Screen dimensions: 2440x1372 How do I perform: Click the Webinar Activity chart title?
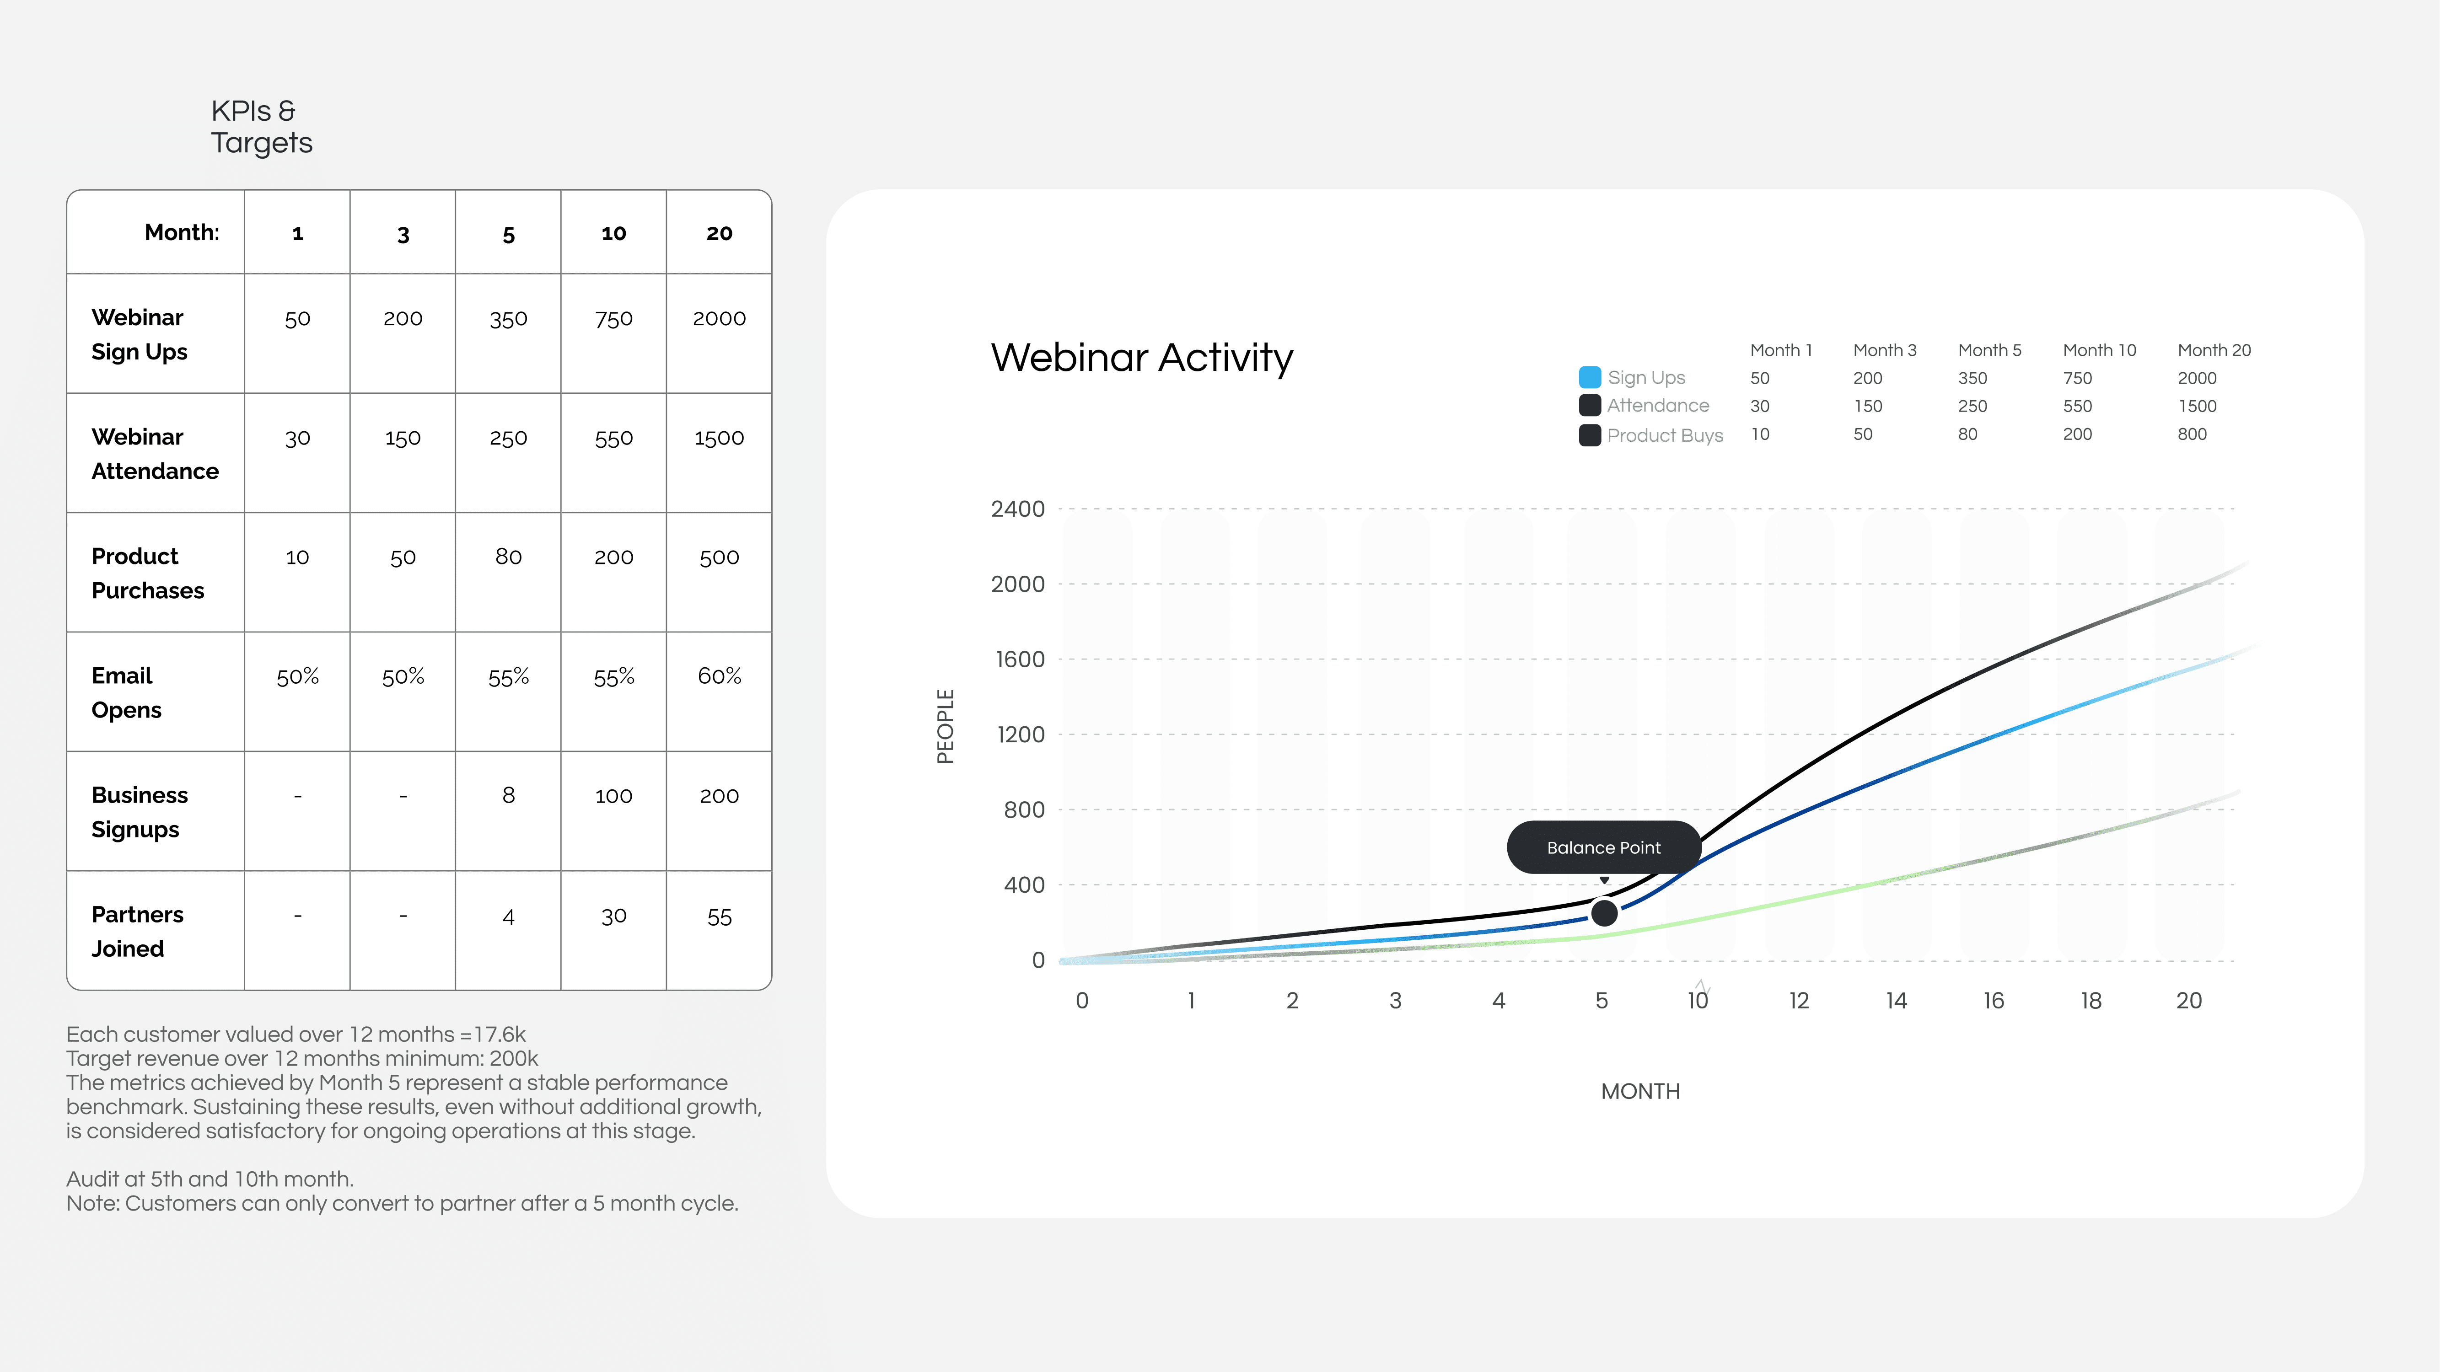tap(1141, 358)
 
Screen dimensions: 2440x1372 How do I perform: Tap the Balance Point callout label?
tap(1604, 847)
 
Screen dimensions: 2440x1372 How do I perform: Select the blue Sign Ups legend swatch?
tap(1591, 377)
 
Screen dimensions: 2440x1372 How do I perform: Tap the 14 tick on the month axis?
tap(1896, 1001)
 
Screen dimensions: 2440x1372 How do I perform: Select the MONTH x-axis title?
tap(1640, 1092)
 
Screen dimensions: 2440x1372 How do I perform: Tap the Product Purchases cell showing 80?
tap(509, 557)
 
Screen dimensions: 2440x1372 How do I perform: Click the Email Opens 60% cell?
tap(719, 676)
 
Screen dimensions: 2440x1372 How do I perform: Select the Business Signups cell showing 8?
tap(509, 795)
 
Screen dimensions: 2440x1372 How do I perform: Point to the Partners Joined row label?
tap(137, 932)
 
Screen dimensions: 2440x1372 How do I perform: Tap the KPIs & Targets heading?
tap(262, 127)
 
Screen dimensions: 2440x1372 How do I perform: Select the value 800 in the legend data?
tap(2192, 434)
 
